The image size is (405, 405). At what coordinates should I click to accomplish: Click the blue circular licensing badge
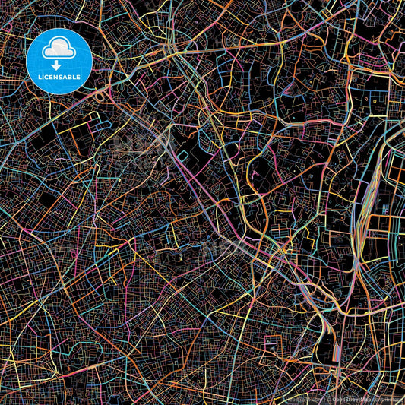(59, 61)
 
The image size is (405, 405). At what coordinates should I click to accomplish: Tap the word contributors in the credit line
(385, 399)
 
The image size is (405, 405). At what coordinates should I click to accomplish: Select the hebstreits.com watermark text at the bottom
(297, 399)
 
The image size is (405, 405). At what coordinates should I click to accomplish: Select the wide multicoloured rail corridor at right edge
(369, 190)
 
